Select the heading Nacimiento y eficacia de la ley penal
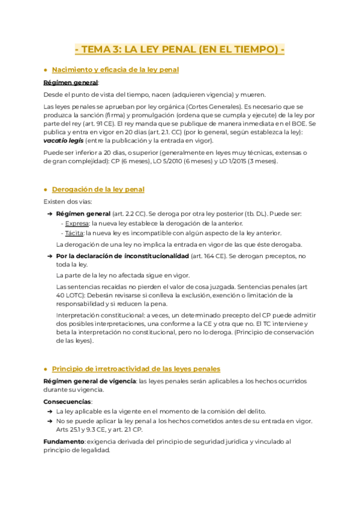(x=115, y=70)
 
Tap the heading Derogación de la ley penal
(x=98, y=190)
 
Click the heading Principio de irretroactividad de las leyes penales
(x=136, y=369)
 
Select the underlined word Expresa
(x=74, y=223)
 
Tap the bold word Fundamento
(x=64, y=442)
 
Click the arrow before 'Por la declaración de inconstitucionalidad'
(x=49, y=256)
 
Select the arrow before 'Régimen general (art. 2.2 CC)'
(x=49, y=214)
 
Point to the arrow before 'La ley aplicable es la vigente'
(x=49, y=412)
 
